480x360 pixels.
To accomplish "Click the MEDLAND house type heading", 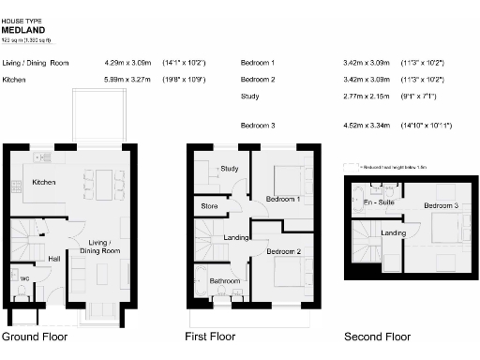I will point(21,29).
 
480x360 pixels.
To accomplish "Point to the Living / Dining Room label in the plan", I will point(98,247).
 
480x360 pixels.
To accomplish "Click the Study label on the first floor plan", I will point(230,169).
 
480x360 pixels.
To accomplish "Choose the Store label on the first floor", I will point(210,206).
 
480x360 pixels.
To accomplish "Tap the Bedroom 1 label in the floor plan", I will point(281,200).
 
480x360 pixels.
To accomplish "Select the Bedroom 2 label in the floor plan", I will point(282,251).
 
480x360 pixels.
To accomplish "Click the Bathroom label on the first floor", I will point(225,281).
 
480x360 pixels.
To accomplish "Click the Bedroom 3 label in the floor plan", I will point(441,205).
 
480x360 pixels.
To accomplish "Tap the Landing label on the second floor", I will point(394,232).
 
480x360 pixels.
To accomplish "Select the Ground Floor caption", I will point(34,337).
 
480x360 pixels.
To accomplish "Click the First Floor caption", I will point(212,337).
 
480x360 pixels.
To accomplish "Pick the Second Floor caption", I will point(378,337).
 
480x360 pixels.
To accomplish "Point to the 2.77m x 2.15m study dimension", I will point(367,97).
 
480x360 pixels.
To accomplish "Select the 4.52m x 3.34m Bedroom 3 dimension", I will point(367,125).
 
